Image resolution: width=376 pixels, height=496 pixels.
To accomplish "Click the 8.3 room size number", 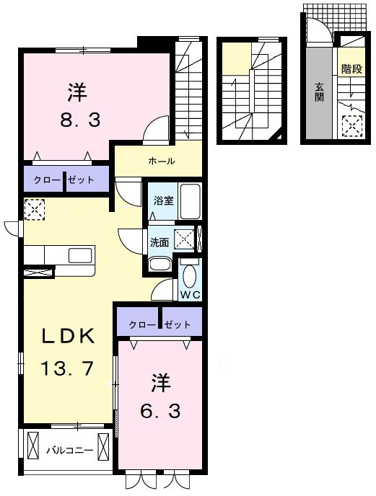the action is coord(80,120).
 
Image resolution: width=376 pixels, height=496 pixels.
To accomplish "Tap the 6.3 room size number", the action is coord(161,411).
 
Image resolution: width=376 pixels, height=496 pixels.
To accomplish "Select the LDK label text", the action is coord(69,336).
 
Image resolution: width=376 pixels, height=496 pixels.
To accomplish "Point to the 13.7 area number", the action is coord(67,368).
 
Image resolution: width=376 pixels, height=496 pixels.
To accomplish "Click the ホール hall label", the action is coord(161,161).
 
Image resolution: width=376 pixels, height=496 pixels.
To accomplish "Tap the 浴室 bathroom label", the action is coord(163,200).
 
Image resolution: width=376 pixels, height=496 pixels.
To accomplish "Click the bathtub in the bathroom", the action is coord(190,202).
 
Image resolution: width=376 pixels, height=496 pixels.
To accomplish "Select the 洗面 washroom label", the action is coord(159,243).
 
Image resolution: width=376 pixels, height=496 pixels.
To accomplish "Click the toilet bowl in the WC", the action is coord(190,276).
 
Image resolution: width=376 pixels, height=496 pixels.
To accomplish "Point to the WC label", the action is coord(190,295).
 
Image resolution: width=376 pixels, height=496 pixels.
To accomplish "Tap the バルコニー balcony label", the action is coord(70,450).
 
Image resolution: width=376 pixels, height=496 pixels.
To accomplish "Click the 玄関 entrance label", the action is coord(319,92).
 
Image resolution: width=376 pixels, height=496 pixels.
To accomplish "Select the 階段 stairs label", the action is coord(351,68).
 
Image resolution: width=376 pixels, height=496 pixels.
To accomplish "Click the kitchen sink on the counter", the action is coord(80,256).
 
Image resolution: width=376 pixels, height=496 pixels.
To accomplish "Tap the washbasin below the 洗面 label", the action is coord(160,264).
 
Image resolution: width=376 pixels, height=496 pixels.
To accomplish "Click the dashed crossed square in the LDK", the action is coord(34,209).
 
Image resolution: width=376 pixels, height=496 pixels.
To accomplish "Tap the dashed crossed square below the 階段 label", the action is coord(352,126).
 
